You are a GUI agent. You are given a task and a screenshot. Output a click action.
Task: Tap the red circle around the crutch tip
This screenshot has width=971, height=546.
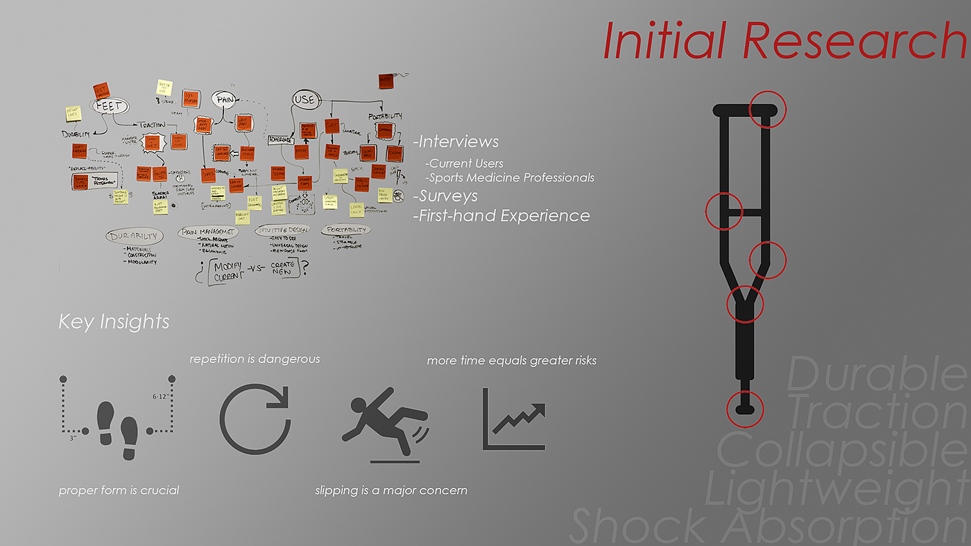point(745,408)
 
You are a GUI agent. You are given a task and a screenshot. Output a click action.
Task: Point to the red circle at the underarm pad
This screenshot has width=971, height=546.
point(768,109)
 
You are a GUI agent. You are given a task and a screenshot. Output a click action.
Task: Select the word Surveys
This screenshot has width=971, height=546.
point(447,196)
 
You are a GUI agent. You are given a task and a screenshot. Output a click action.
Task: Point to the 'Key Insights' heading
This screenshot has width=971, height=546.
point(114,322)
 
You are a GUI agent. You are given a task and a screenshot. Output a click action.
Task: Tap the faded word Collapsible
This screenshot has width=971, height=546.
point(842,450)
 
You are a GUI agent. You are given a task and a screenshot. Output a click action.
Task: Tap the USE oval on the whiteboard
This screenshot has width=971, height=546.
point(304,100)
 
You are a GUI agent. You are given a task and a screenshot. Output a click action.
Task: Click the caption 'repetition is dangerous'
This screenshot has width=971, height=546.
point(255,359)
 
